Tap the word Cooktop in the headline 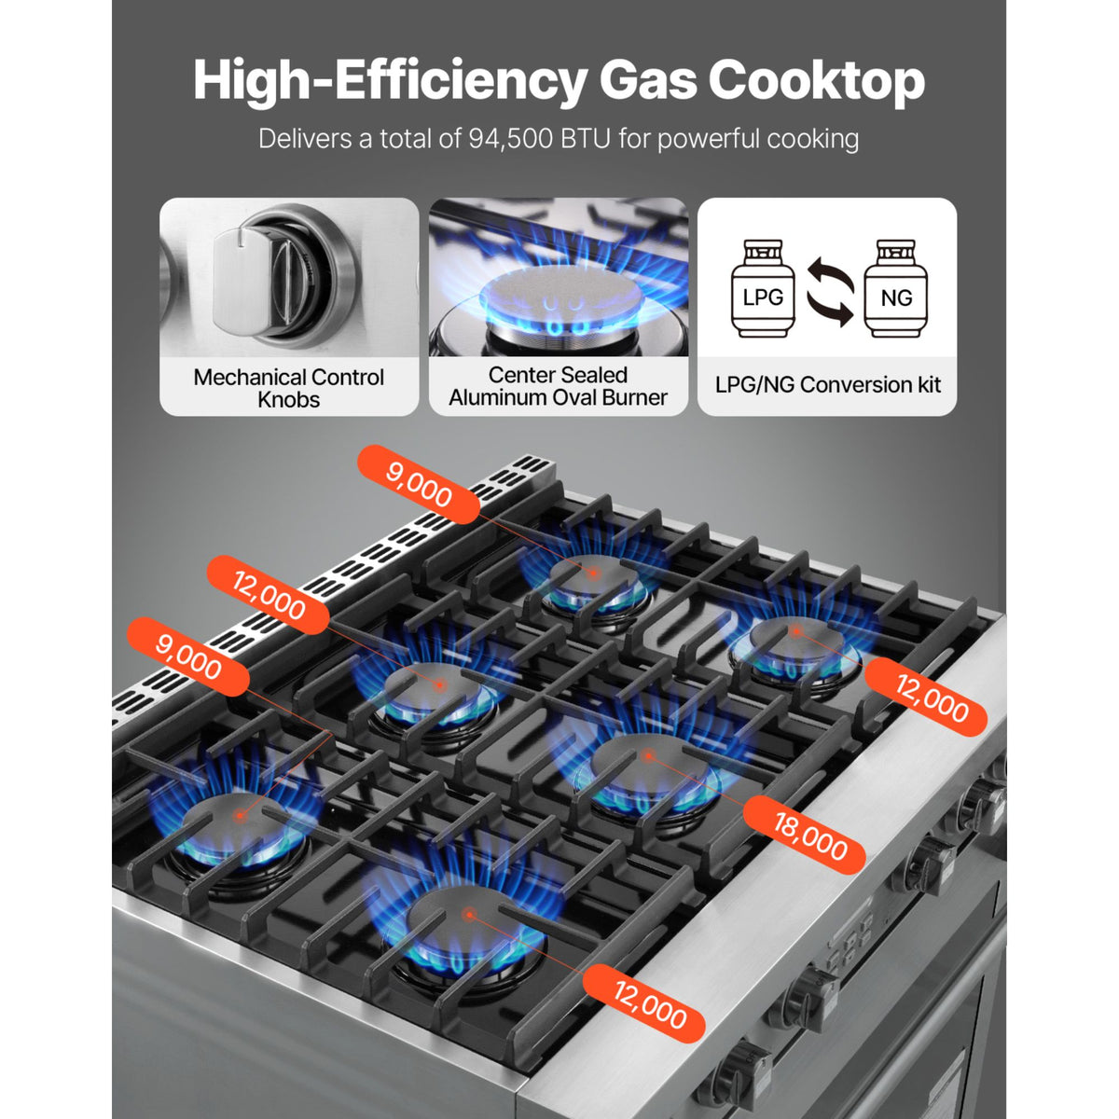817,81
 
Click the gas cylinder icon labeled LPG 763,288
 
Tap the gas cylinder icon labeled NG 895,288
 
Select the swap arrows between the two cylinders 831,292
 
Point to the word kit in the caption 922,384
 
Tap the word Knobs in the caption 288,400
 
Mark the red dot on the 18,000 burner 648,756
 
